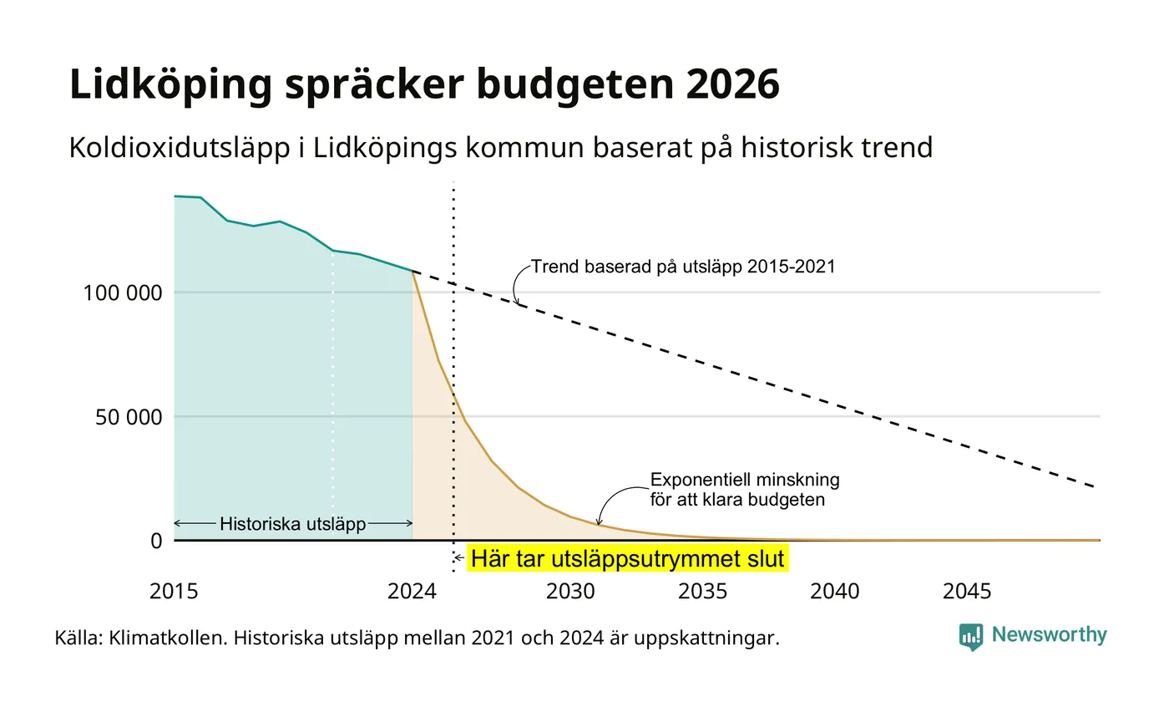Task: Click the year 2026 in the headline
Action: [732, 84]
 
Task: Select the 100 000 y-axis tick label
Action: [123, 293]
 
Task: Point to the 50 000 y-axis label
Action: [129, 417]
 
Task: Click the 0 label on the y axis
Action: [157, 542]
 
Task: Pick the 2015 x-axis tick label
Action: [174, 592]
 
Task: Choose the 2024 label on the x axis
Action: [412, 592]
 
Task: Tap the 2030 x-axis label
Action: [570, 592]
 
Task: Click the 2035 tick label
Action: [702, 592]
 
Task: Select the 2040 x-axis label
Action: [834, 592]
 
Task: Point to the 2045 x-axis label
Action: [967, 592]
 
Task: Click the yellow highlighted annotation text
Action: [627, 559]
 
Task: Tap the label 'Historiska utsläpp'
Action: [293, 524]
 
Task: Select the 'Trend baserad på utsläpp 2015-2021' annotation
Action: [683, 267]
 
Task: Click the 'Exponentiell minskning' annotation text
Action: [745, 480]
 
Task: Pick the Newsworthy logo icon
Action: [970, 637]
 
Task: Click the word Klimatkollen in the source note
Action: [168, 638]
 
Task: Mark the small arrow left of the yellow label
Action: [458, 558]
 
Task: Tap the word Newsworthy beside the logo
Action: [1049, 634]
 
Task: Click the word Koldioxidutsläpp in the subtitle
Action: [180, 148]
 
